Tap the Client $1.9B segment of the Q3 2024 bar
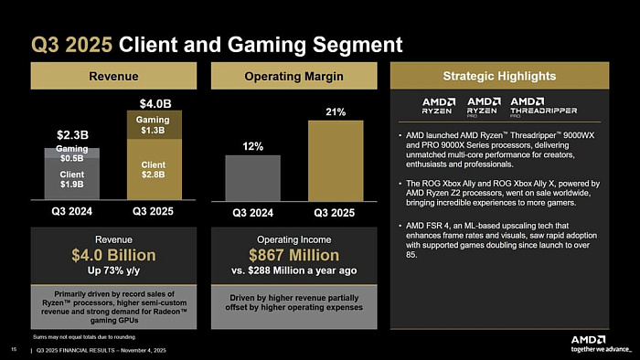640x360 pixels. coord(71,180)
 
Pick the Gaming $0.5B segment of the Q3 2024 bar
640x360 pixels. coord(71,154)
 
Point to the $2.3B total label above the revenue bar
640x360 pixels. coord(71,135)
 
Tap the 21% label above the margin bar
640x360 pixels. coord(335,112)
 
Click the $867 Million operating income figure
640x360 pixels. coord(293,255)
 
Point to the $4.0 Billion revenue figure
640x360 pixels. coord(113,255)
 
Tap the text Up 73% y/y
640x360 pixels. coord(113,270)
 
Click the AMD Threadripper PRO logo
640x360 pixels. coord(543,105)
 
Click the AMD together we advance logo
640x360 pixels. coord(601,343)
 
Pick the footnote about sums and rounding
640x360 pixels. coord(69,336)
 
